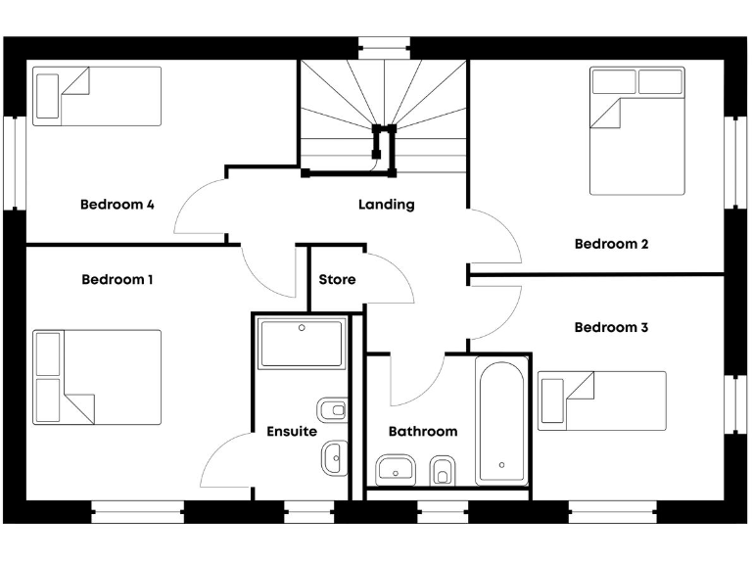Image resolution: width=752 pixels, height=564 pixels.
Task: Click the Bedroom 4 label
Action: click(x=117, y=205)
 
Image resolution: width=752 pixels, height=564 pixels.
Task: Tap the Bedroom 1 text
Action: click(x=117, y=279)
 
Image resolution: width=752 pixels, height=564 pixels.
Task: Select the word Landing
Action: click(x=386, y=205)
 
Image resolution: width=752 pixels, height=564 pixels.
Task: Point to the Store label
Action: click(x=337, y=279)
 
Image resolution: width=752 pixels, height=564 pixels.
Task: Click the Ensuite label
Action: click(x=292, y=431)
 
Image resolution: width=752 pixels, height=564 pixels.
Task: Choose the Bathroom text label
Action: click(x=423, y=431)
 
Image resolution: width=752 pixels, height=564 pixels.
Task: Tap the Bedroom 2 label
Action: click(x=611, y=244)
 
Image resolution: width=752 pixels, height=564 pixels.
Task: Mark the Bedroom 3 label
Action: click(x=611, y=327)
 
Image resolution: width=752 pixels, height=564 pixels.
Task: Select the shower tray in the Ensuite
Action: click(x=302, y=343)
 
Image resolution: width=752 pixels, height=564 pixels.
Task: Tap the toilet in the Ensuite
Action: click(x=332, y=409)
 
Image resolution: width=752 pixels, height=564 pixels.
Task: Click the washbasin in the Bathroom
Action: click(x=397, y=470)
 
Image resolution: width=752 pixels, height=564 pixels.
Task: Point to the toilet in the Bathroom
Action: click(x=442, y=470)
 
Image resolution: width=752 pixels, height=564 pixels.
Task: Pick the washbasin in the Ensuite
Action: click(x=333, y=455)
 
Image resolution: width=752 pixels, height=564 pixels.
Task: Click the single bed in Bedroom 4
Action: click(x=96, y=96)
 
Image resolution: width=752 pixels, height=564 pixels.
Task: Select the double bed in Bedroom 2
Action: click(x=637, y=130)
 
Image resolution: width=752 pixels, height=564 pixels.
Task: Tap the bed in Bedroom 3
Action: click(x=601, y=400)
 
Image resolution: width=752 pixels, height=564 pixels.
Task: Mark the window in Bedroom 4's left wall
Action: click(x=14, y=163)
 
